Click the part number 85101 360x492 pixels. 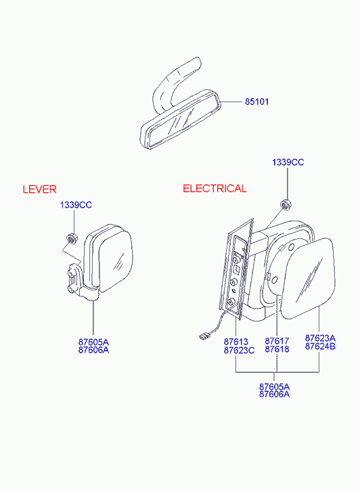pyautogui.click(x=256, y=102)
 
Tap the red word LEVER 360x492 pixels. pyautogui.click(x=39, y=189)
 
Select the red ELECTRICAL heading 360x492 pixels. pyautogui.click(x=215, y=189)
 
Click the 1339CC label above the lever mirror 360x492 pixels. pyautogui.click(x=76, y=205)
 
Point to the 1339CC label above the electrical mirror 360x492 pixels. pyautogui.click(x=288, y=162)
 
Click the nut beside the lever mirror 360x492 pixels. pyautogui.click(x=72, y=238)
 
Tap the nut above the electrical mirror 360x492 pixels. pyautogui.click(x=285, y=204)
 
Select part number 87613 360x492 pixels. pyautogui.click(x=235, y=342)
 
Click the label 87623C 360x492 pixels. pyautogui.click(x=239, y=350)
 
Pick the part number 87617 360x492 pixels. pyautogui.click(x=277, y=341)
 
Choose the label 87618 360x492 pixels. pyautogui.click(x=277, y=349)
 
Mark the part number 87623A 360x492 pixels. pyautogui.click(x=320, y=338)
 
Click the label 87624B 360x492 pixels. pyautogui.click(x=320, y=346)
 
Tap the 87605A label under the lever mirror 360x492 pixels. pyautogui.click(x=93, y=342)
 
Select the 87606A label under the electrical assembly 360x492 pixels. pyautogui.click(x=274, y=394)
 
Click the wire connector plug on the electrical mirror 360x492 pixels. pyautogui.click(x=204, y=337)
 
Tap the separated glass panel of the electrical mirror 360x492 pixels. pyautogui.click(x=308, y=278)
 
